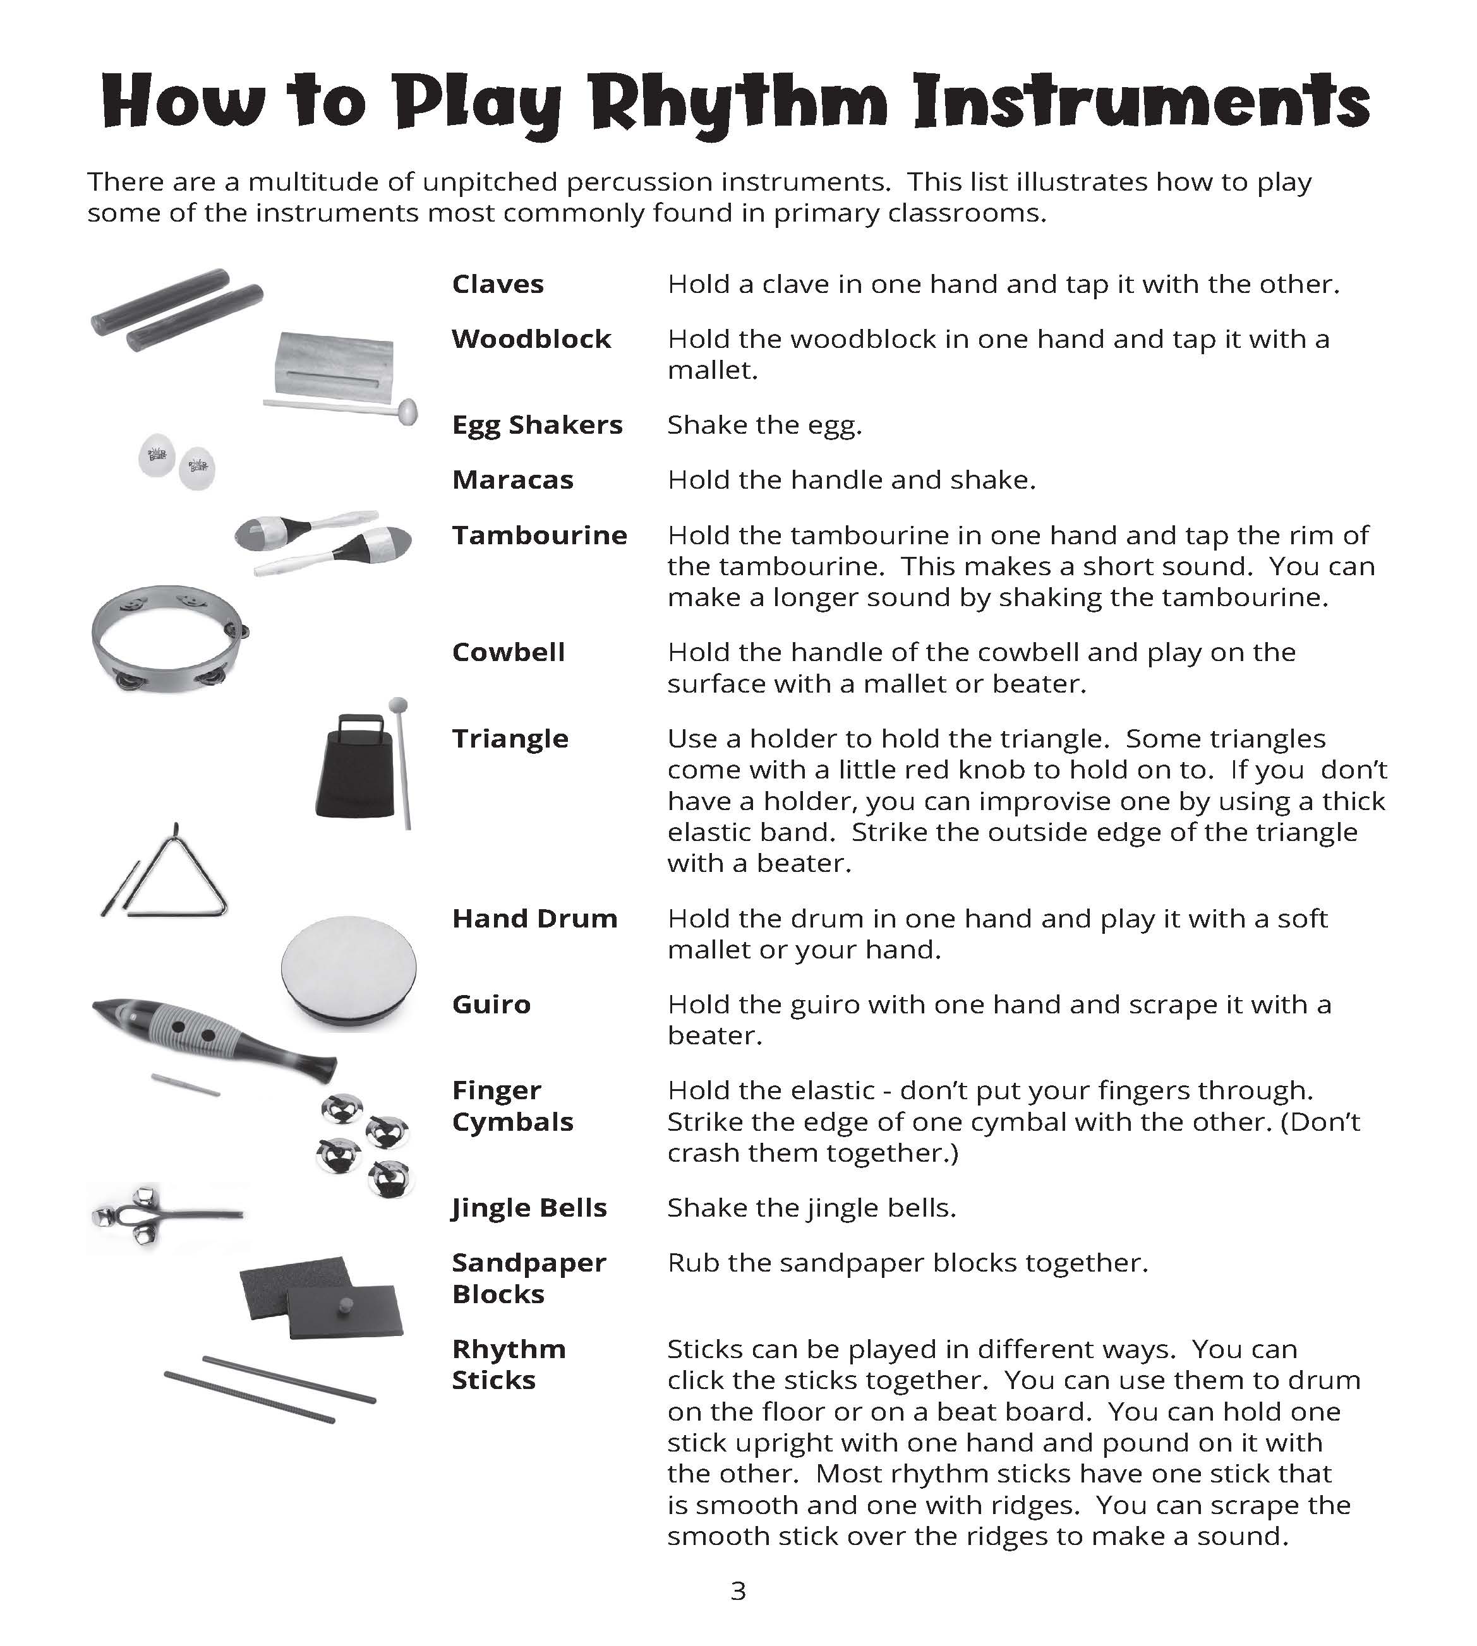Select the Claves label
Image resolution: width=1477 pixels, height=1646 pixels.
(x=497, y=284)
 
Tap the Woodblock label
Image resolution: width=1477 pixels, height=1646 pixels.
(x=531, y=338)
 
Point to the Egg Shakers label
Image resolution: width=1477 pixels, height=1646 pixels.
(x=537, y=425)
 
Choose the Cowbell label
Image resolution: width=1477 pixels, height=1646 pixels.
(x=509, y=652)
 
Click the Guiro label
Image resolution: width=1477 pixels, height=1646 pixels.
(x=491, y=1005)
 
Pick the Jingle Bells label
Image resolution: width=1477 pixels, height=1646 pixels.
(x=530, y=1208)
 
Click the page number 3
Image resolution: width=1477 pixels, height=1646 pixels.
(x=738, y=1591)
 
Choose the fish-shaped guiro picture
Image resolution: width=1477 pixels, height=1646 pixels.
(x=214, y=1039)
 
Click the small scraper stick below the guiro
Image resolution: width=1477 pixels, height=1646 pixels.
(x=186, y=1085)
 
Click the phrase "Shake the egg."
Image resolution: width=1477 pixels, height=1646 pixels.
(x=764, y=425)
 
